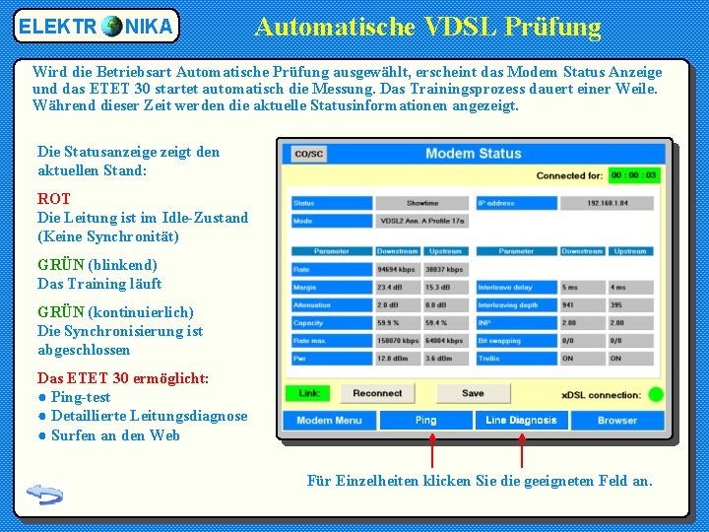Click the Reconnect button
click(377, 393)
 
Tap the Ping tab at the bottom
click(425, 420)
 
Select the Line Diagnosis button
click(521, 420)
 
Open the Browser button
click(617, 420)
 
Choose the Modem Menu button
click(329, 420)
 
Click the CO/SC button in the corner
click(308, 154)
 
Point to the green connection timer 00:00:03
click(633, 175)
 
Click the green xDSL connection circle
click(655, 394)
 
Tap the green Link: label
click(309, 393)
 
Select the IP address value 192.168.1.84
click(607, 203)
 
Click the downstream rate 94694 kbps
click(397, 269)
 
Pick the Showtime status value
click(422, 203)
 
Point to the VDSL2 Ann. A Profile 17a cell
click(422, 221)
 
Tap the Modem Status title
click(473, 154)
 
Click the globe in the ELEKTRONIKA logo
click(111, 26)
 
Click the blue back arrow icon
click(45, 493)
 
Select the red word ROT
click(53, 199)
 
